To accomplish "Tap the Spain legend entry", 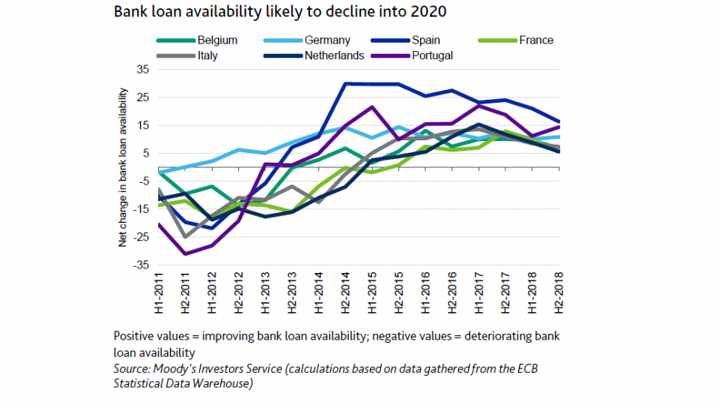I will click(x=425, y=40).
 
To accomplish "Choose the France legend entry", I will click(x=536, y=40).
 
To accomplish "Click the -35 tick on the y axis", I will click(x=141, y=265).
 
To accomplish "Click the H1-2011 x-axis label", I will click(x=159, y=295).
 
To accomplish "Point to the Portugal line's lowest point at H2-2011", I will click(x=185, y=254).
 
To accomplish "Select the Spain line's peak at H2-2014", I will click(x=345, y=83).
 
